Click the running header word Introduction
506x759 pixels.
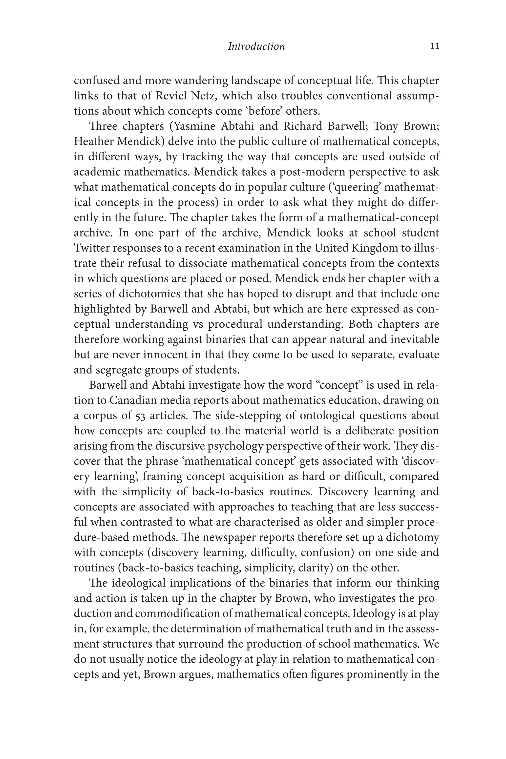(256, 46)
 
